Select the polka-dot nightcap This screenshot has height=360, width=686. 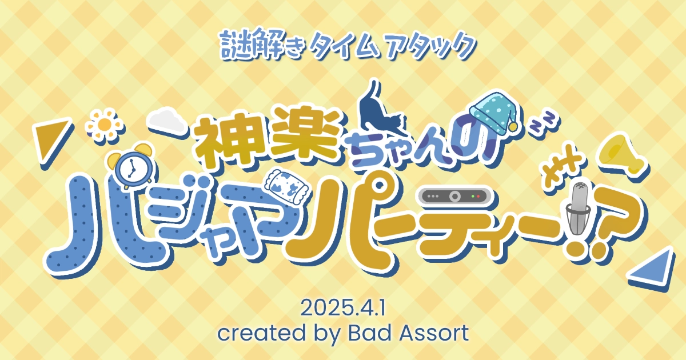(493, 113)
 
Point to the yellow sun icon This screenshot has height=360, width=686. (105, 125)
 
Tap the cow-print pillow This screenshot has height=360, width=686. (289, 185)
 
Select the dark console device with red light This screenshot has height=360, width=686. (454, 196)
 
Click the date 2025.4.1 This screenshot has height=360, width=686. (342, 308)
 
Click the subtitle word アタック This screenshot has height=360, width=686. (430, 46)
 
